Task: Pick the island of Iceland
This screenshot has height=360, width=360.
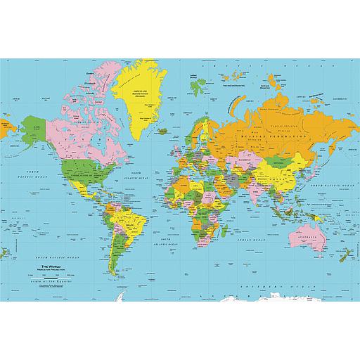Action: pos(162,130)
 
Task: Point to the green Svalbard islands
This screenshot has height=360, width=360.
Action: pos(196,87)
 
